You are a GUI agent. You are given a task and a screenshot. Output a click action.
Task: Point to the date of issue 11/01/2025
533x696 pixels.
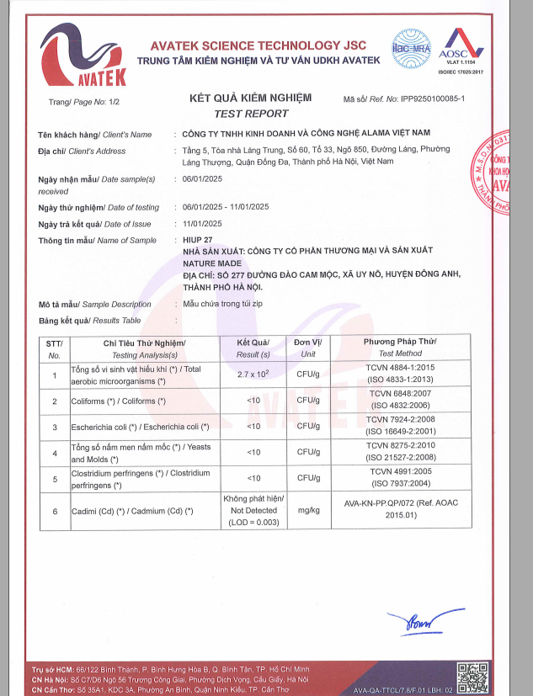pyautogui.click(x=201, y=224)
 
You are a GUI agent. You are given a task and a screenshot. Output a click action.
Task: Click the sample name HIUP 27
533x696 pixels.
pyautogui.click(x=198, y=241)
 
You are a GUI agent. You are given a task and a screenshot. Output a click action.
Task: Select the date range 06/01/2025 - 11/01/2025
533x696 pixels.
pyautogui.click(x=225, y=207)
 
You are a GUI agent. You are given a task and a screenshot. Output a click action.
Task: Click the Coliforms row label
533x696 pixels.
pyautogui.click(x=118, y=401)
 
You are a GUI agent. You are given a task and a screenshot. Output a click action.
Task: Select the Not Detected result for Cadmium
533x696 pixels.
pyautogui.click(x=253, y=511)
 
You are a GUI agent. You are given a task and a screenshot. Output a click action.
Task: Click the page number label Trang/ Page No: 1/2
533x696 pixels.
pyautogui.click(x=85, y=102)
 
